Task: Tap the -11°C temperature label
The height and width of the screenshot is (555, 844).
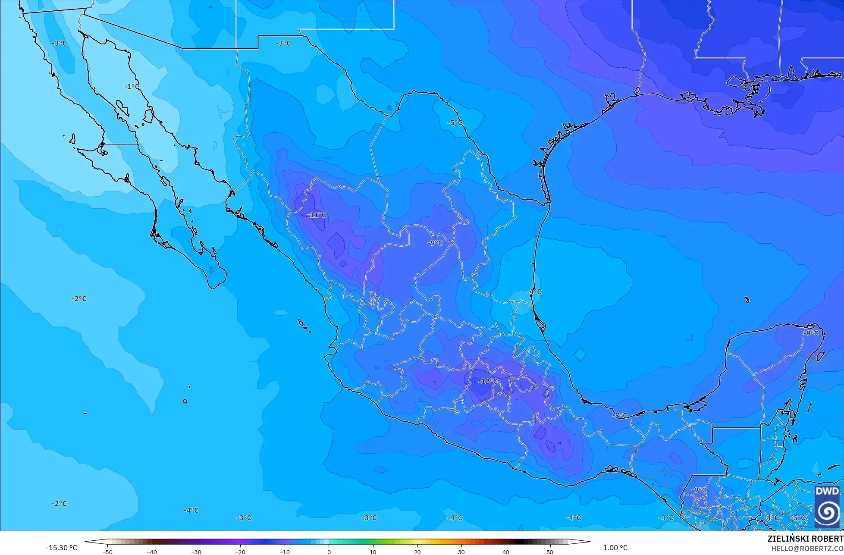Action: point(317,215)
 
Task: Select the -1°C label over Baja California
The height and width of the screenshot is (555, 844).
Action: point(132,87)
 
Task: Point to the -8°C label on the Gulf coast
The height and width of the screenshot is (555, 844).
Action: point(620,416)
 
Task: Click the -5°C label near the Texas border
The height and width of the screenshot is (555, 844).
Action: point(455,123)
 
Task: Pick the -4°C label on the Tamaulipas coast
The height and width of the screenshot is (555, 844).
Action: point(534,292)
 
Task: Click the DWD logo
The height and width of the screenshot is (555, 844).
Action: point(827,505)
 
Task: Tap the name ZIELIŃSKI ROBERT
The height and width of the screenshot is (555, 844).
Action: point(805,539)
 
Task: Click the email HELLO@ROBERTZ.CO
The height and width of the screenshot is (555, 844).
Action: point(807,548)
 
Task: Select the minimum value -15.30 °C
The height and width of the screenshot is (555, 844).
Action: point(62,548)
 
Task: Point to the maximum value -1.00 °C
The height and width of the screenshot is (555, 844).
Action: point(614,548)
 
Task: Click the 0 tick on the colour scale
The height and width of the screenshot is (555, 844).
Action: point(329,552)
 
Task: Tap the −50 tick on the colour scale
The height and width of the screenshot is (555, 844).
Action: point(107,552)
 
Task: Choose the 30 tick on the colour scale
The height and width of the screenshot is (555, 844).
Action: point(461,552)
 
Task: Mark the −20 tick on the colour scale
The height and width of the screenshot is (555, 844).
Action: point(240,552)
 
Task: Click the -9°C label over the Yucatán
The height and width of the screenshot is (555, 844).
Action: point(811,333)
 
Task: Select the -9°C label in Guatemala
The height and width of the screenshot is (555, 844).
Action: point(699,490)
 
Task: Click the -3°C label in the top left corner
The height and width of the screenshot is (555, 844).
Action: point(60,44)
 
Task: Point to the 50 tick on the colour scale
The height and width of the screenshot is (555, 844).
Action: point(549,552)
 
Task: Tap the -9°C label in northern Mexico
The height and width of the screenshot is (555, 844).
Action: point(435,243)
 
